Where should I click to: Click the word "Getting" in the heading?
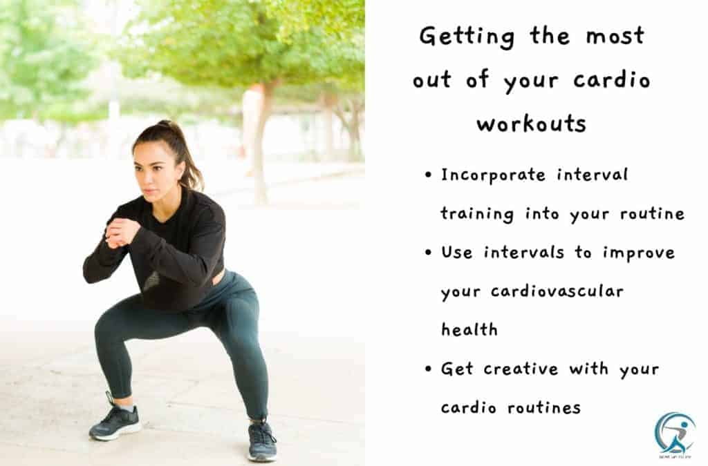tap(467, 37)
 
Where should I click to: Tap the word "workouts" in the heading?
tap(532, 123)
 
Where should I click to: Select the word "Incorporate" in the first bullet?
tap(493, 175)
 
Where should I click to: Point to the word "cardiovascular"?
tap(557, 291)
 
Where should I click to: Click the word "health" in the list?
tap(469, 329)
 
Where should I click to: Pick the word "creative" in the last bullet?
tap(521, 369)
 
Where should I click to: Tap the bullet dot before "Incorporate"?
tap(429, 175)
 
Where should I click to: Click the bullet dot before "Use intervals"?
tap(429, 253)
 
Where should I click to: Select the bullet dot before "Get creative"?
tap(429, 369)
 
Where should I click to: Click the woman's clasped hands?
tap(120, 233)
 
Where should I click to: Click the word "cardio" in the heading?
tap(612, 80)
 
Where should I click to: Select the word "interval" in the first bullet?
tap(592, 174)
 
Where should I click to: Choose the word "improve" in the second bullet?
tap(638, 253)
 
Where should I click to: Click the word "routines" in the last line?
tap(544, 407)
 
